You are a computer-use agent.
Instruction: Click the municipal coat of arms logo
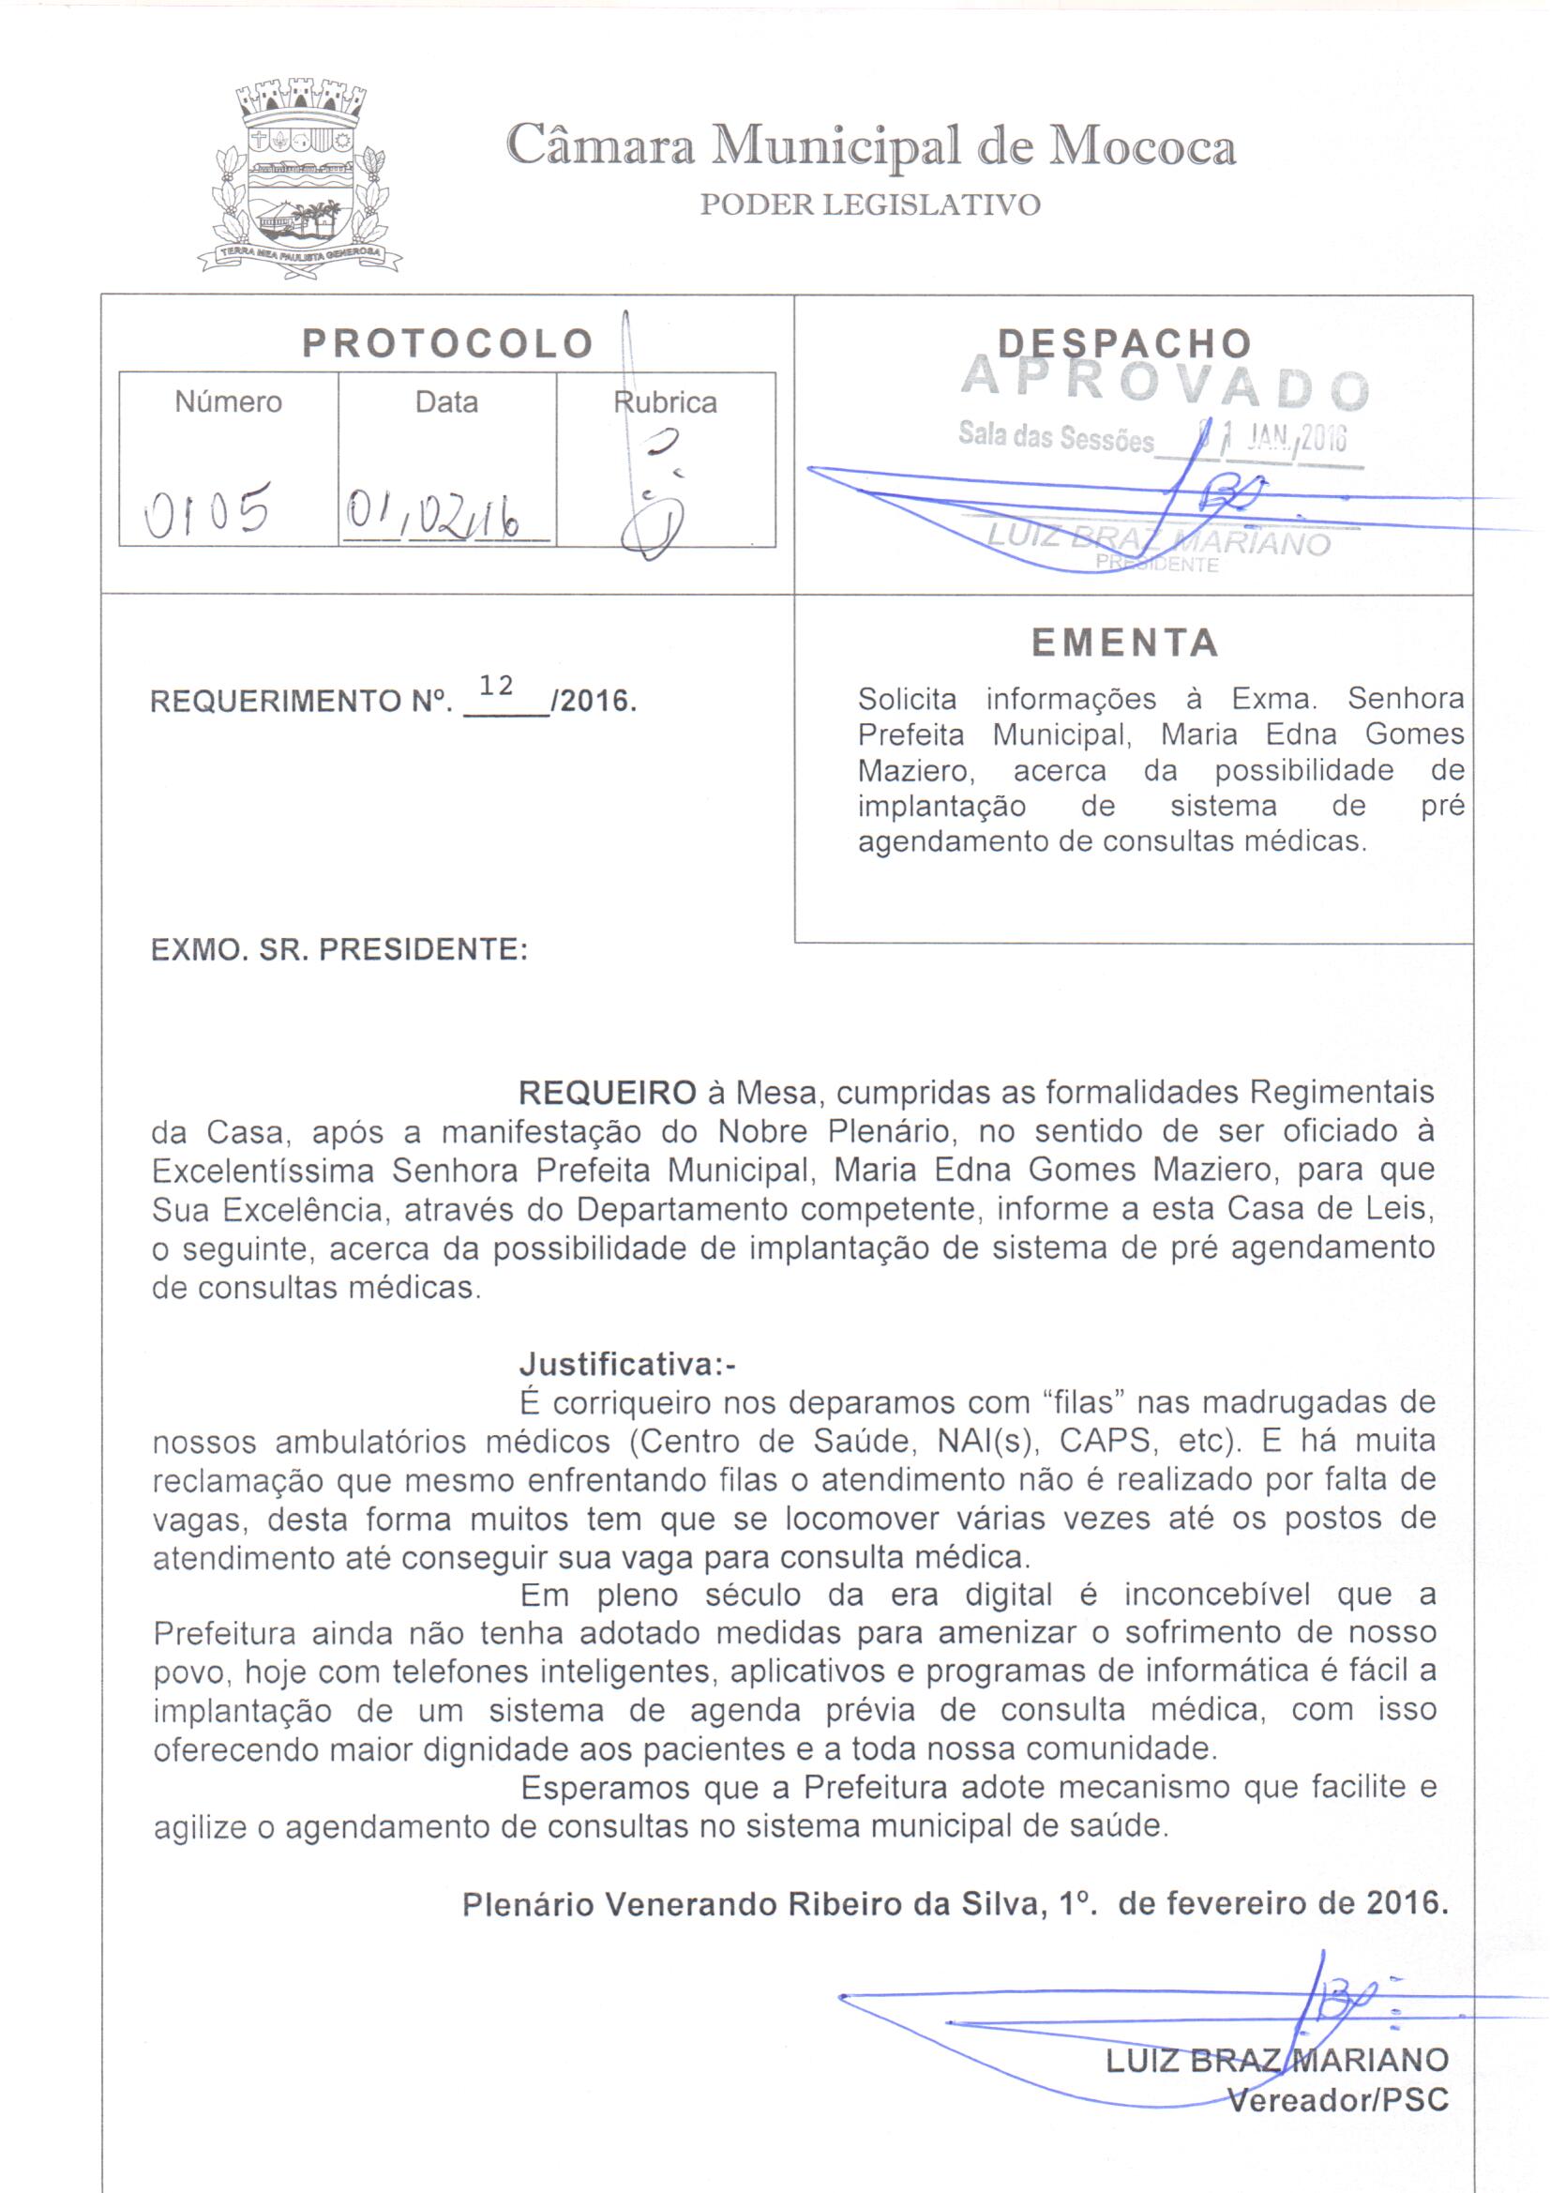[299, 179]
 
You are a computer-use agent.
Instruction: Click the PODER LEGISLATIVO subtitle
[869, 205]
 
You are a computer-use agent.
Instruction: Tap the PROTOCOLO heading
[448, 344]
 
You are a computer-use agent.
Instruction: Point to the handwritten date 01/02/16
[434, 520]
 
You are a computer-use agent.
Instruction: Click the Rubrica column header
[666, 402]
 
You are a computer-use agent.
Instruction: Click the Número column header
[228, 402]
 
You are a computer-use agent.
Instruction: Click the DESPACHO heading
[1124, 344]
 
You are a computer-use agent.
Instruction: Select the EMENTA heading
[1125, 643]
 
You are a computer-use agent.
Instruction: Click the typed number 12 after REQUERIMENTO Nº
[497, 685]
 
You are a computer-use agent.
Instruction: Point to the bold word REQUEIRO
[607, 1093]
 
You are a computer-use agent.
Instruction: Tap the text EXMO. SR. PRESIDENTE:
[339, 950]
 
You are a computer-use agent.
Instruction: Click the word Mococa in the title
[1142, 146]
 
